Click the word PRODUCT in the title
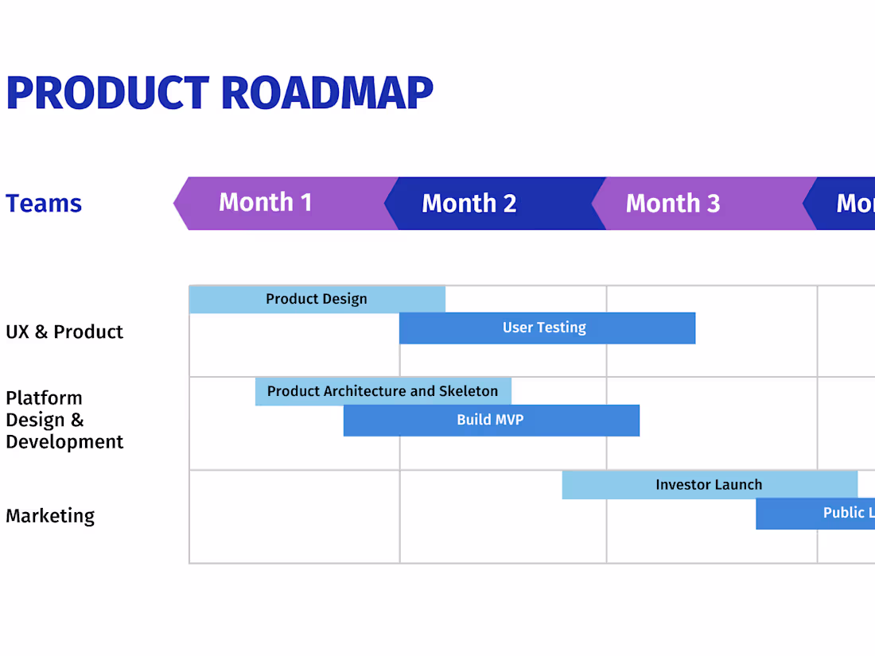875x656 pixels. pos(107,93)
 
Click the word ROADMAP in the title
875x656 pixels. pos(326,93)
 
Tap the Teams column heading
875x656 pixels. pos(44,204)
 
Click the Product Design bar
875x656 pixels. pos(317,299)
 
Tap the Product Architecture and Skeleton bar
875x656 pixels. pos(383,391)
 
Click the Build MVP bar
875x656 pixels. pos(491,420)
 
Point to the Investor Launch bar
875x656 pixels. pos(709,484)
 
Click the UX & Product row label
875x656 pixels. pos(64,332)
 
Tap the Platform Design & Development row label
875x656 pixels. pos(64,420)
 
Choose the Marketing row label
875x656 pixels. pos(50,516)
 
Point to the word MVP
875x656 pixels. pos(509,420)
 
